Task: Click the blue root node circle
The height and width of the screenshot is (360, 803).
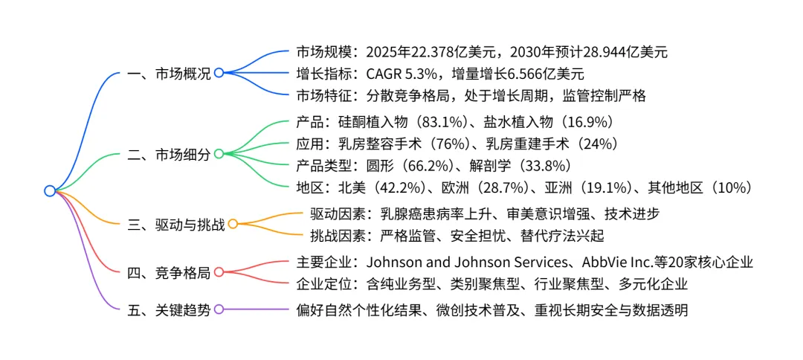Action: coord(50,190)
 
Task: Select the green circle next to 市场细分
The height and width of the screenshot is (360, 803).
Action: coord(219,154)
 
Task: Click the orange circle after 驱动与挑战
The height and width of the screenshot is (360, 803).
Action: coord(233,224)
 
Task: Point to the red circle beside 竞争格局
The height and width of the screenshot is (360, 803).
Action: coord(219,271)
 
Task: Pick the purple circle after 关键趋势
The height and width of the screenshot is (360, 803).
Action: coord(219,309)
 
